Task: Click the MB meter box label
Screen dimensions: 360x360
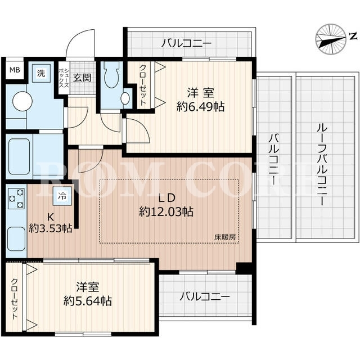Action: [15, 70]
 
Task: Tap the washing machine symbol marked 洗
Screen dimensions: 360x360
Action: [41, 74]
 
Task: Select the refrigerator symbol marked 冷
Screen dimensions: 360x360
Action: [62, 196]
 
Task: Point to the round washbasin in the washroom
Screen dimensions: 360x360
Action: [22, 101]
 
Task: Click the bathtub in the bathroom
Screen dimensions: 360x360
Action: [20, 156]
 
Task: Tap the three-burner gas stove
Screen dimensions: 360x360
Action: [16, 199]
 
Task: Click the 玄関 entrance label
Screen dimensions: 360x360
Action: [82, 78]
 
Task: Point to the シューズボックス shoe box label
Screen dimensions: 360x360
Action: [64, 78]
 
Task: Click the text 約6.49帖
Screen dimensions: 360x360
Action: [200, 106]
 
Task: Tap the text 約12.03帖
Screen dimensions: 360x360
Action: [166, 211]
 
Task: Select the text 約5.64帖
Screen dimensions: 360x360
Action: [88, 300]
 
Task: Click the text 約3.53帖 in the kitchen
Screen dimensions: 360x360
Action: [51, 228]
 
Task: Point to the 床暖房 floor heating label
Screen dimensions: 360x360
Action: [225, 237]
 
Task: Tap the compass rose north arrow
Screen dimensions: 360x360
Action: [331, 39]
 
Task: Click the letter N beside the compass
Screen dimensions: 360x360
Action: [353, 36]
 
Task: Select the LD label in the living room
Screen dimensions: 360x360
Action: [168, 198]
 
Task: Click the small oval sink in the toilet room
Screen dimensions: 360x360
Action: [125, 99]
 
